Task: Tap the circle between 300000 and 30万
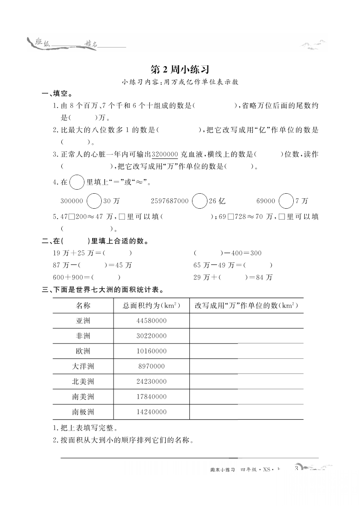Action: (x=94, y=201)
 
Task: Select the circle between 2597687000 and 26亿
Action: (x=199, y=201)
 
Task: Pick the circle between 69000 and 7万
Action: (x=286, y=201)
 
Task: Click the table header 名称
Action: (x=83, y=305)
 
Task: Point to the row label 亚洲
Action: (x=83, y=321)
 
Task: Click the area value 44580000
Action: (x=151, y=321)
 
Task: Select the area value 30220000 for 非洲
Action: (x=151, y=336)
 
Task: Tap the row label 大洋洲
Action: (x=83, y=366)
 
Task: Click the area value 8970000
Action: (x=151, y=366)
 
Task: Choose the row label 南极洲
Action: (x=83, y=412)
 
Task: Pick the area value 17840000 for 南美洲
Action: (x=151, y=397)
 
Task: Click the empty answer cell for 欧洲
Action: (x=247, y=351)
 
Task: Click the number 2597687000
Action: (x=169, y=201)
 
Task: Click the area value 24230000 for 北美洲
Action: (x=151, y=382)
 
